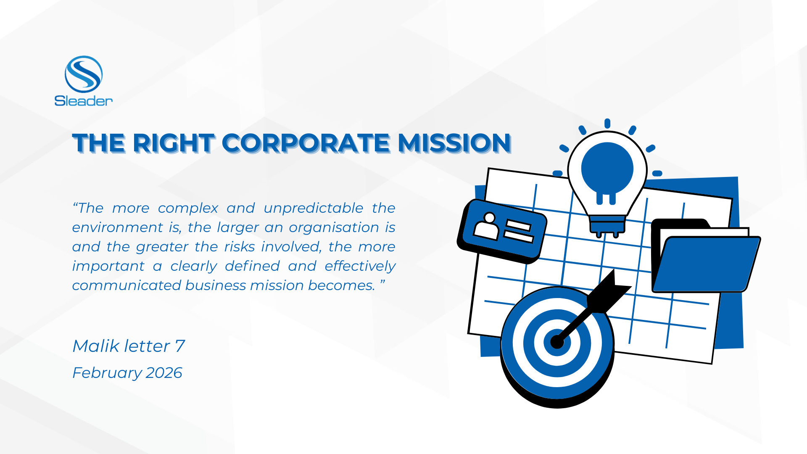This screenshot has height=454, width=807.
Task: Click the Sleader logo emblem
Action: pyautogui.click(x=84, y=74)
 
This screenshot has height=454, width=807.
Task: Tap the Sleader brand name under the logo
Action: pyautogui.click(x=84, y=101)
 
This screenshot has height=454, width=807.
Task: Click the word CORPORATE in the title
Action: pyautogui.click(x=306, y=143)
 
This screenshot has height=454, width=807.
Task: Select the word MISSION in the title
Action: pyautogui.click(x=454, y=143)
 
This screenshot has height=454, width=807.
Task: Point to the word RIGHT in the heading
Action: pyautogui.click(x=174, y=143)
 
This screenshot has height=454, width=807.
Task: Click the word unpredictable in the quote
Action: pyautogui.click(x=314, y=208)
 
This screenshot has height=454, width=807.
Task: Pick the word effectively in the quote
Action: pyautogui.click(x=360, y=266)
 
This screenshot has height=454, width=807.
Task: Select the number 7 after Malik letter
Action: pyautogui.click(x=180, y=346)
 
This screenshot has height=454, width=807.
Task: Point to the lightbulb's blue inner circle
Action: pyautogui.click(x=607, y=168)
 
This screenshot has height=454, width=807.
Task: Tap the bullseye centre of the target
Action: pyautogui.click(x=557, y=342)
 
